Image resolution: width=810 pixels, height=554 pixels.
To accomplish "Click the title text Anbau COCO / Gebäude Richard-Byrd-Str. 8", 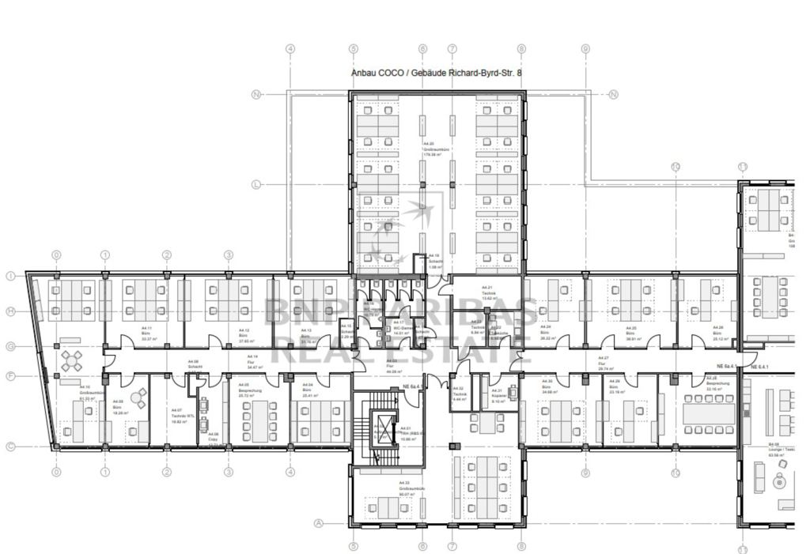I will point(436,72).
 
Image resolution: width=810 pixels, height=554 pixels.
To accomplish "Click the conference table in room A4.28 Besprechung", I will point(708,413).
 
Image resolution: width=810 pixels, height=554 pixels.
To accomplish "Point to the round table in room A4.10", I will point(72,360).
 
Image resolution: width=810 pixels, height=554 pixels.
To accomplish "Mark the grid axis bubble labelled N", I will point(255,95).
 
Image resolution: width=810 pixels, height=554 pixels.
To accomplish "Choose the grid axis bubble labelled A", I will point(320,522).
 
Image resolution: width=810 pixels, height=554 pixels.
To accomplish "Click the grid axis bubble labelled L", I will point(255,185).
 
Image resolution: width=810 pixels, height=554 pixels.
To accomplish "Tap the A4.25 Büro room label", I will point(630,332).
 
